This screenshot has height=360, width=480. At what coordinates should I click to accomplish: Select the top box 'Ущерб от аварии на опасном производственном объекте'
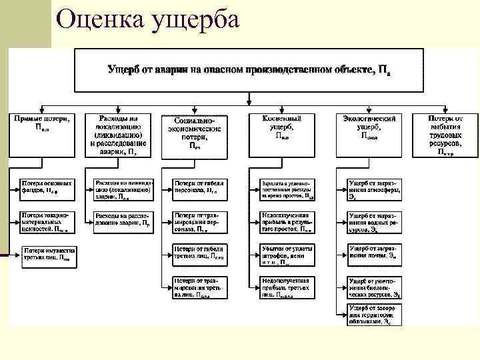pyautogui.click(x=248, y=70)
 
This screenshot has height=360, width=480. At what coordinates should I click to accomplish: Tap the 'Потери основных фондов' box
pyautogui.click(x=47, y=187)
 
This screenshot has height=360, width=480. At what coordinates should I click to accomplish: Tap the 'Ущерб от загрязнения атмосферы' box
pyautogui.click(x=376, y=187)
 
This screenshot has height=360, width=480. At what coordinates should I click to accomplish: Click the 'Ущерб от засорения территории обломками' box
pyautogui.click(x=376, y=315)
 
